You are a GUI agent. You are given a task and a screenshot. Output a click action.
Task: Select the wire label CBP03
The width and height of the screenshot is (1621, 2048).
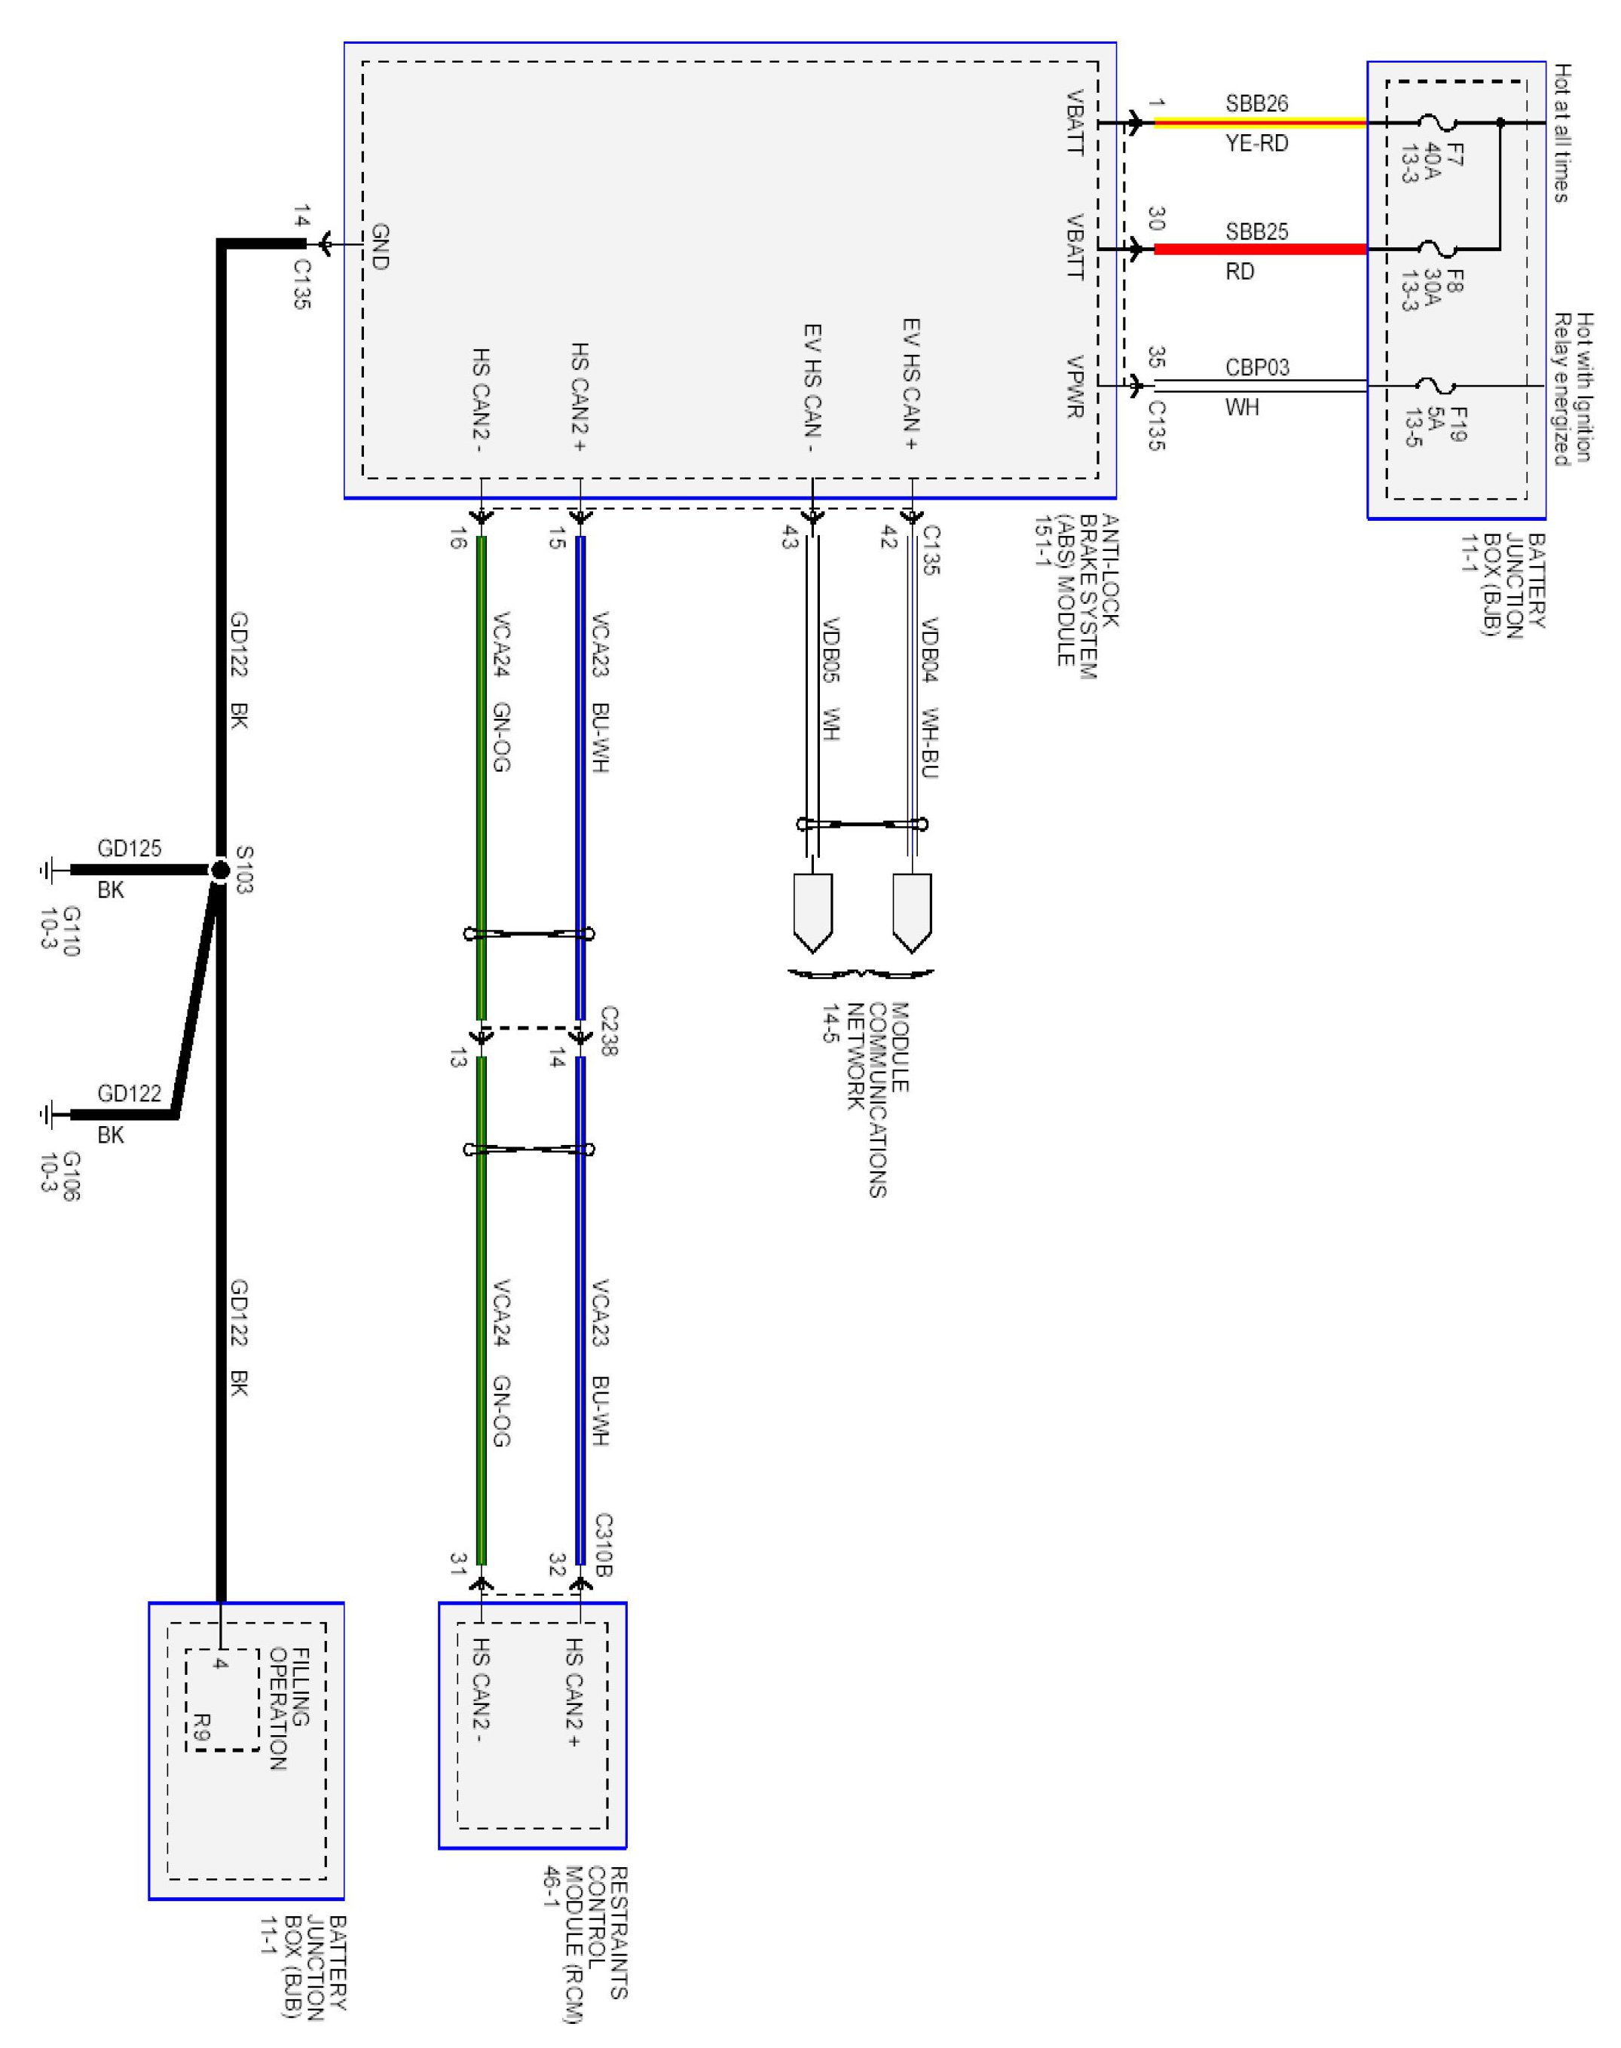click(x=1256, y=367)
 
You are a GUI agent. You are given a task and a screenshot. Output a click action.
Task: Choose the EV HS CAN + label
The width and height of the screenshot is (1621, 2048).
click(x=911, y=384)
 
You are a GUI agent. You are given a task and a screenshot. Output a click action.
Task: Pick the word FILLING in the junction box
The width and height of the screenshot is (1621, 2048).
click(x=301, y=1688)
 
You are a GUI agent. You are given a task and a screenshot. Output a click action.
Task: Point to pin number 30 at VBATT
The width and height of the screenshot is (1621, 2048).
click(x=1156, y=219)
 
